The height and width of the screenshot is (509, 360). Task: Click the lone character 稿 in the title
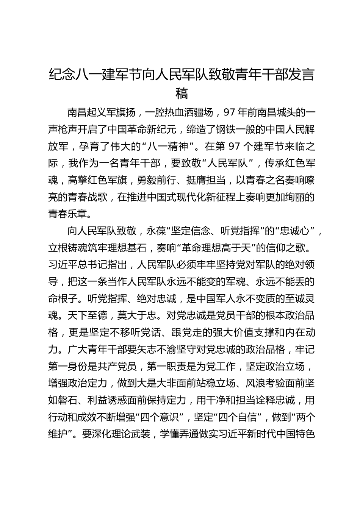click(x=182, y=93)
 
